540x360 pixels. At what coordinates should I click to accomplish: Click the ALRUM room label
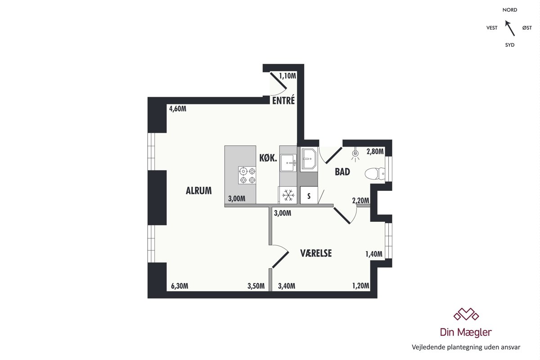pos(198,191)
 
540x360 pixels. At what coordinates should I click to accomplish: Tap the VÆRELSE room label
pos(316,253)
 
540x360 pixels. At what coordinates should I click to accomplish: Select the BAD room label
pos(342,172)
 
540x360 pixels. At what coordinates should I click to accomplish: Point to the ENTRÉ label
pos(283,100)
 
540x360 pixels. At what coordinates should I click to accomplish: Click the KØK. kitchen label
pos(268,158)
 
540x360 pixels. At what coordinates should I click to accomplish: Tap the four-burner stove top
pos(247,175)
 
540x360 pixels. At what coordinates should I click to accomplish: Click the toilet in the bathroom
pos(375,174)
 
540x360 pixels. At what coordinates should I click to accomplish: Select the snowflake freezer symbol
pos(288,195)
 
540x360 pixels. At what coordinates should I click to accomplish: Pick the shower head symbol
pos(355,154)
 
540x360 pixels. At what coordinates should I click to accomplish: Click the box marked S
pos(309,196)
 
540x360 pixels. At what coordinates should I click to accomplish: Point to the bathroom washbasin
pos(309,160)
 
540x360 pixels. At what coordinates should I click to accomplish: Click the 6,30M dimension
pos(180,286)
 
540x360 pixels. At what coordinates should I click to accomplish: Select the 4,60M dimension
pos(178,109)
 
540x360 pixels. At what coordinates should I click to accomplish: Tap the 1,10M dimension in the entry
pos(288,76)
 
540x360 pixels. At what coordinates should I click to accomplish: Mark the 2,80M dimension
pos(375,152)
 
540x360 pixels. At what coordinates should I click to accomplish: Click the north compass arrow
pos(510,28)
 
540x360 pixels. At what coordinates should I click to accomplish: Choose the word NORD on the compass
pos(510,10)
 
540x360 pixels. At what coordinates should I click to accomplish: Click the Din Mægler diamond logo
pos(466,314)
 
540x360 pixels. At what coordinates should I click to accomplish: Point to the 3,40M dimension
pos(287,286)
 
